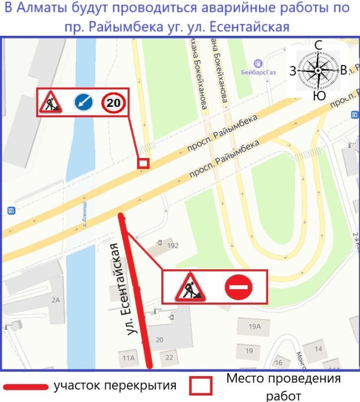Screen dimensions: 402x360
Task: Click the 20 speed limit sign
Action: point(113,102)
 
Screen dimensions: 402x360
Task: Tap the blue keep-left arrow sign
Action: point(83,102)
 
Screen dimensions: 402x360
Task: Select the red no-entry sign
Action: point(238,287)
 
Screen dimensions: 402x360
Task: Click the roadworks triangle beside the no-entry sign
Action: point(190,287)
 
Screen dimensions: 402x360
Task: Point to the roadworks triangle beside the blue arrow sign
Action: point(51,102)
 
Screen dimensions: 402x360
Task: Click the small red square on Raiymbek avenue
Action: point(143,163)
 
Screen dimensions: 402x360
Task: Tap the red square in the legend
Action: point(200,385)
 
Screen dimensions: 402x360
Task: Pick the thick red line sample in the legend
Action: point(25,387)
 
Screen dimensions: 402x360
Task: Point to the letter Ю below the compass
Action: point(319,96)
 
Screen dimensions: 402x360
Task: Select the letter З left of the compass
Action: point(292,70)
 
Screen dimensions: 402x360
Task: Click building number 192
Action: point(172,246)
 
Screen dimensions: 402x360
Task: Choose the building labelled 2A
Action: point(55,300)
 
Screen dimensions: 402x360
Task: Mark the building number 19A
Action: point(254,326)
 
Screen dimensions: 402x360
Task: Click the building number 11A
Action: point(128,358)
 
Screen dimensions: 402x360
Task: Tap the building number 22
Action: point(169,357)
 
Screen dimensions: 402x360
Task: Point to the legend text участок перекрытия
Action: point(115,385)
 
